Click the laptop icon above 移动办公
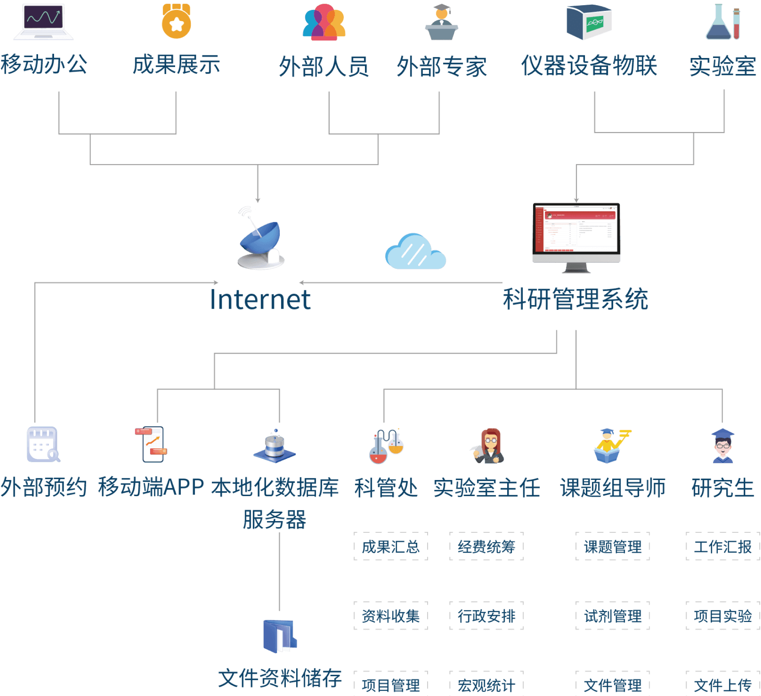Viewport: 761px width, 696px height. click(x=43, y=22)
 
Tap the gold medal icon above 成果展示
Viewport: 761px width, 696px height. click(x=176, y=22)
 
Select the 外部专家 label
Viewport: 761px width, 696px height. click(x=441, y=67)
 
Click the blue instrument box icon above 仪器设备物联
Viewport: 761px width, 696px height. click(x=589, y=22)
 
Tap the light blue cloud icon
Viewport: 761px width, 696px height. click(x=416, y=252)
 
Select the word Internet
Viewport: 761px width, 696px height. click(x=260, y=300)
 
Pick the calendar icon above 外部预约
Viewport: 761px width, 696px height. click(x=43, y=444)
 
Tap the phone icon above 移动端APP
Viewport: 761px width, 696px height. click(x=152, y=444)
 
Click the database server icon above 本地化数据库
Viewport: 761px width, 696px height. click(x=275, y=446)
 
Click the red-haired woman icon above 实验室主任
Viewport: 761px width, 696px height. click(x=488, y=446)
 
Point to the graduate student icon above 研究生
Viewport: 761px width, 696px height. click(x=723, y=446)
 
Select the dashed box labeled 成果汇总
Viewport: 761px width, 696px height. click(x=390, y=547)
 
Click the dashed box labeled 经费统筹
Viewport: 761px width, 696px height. click(x=486, y=547)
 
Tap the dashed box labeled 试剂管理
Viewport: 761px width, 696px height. click(x=613, y=616)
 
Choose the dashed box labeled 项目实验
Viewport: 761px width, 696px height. click(x=723, y=616)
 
